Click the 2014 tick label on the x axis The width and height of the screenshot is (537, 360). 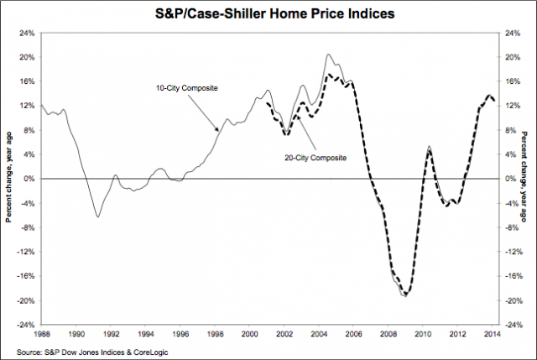coord(493,333)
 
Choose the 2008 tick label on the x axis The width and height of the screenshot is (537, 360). coord(390,333)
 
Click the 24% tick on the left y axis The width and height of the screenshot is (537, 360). coord(27,34)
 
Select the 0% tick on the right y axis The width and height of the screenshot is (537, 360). coord(507,179)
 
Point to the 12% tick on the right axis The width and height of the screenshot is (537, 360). coord(508,107)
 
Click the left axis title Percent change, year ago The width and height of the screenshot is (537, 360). coord(9,179)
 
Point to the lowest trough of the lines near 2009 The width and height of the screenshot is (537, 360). coord(405,295)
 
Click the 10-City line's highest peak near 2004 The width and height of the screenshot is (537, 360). coord(330,55)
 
